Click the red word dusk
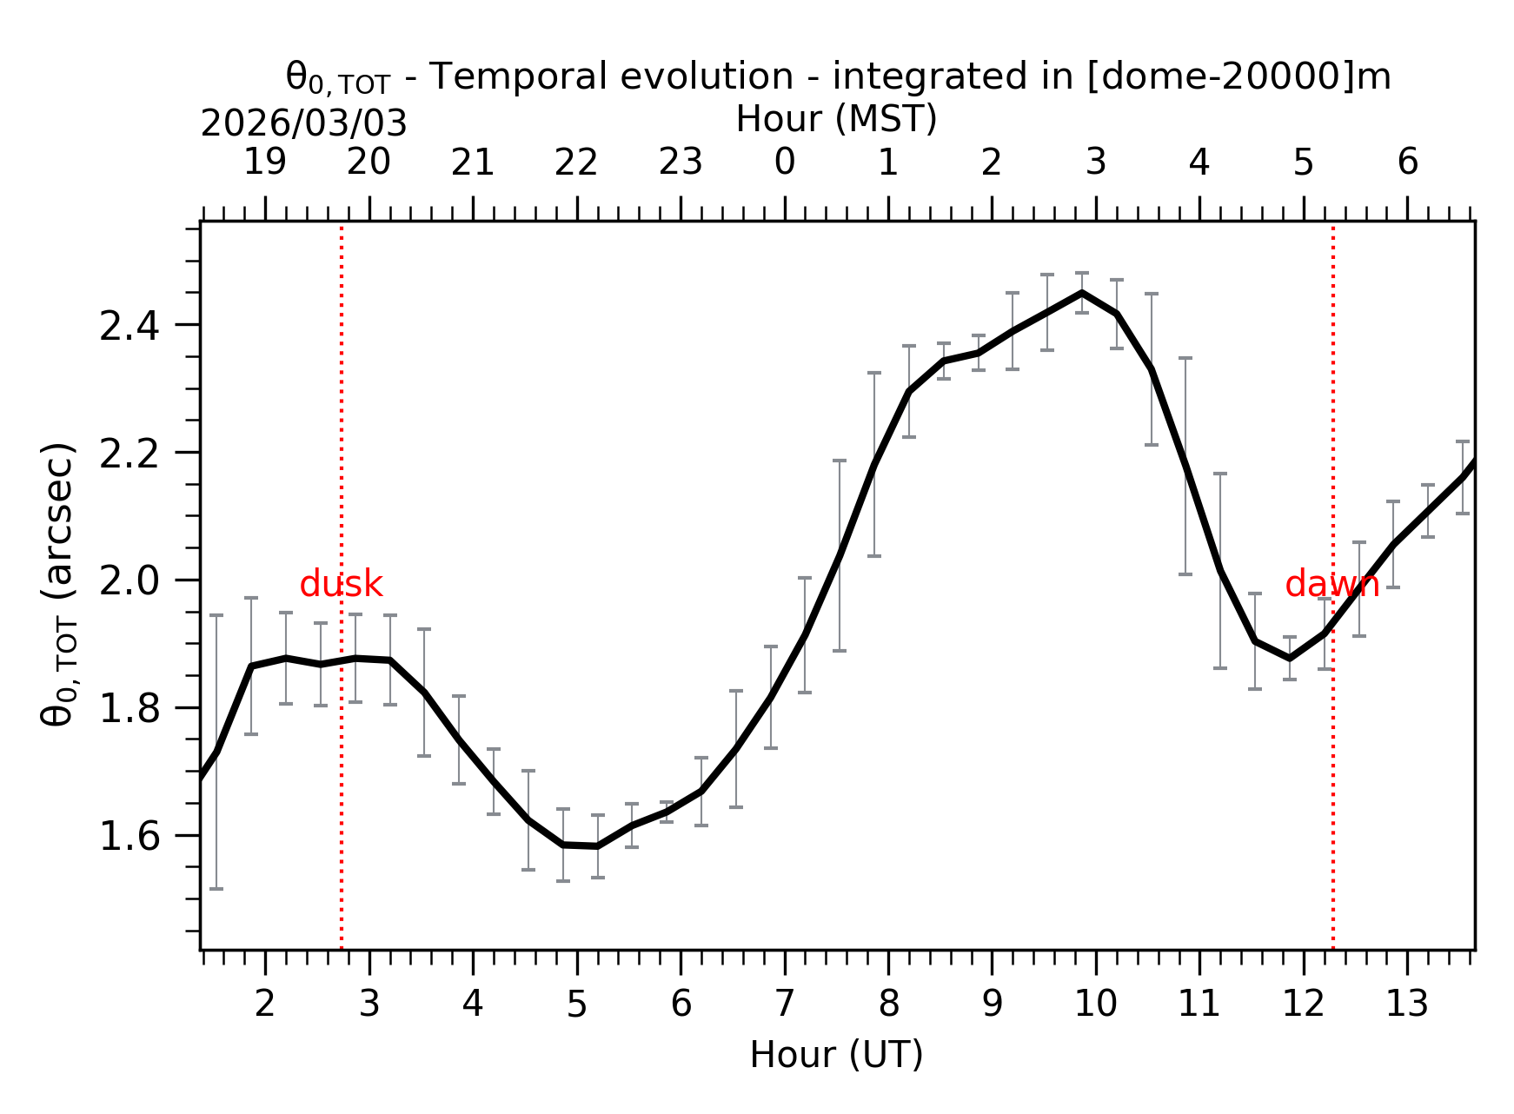click(341, 585)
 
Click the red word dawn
click(1331, 585)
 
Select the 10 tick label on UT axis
click(1095, 1005)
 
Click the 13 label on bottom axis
click(1406, 1005)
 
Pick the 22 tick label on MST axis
click(576, 162)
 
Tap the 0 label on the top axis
click(784, 162)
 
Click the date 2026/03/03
click(303, 124)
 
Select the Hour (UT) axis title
click(836, 1055)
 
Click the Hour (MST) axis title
click(836, 119)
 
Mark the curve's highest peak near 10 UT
click(1081, 293)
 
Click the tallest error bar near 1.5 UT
click(216, 751)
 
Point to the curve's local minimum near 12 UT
click(1289, 658)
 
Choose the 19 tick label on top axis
click(265, 162)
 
